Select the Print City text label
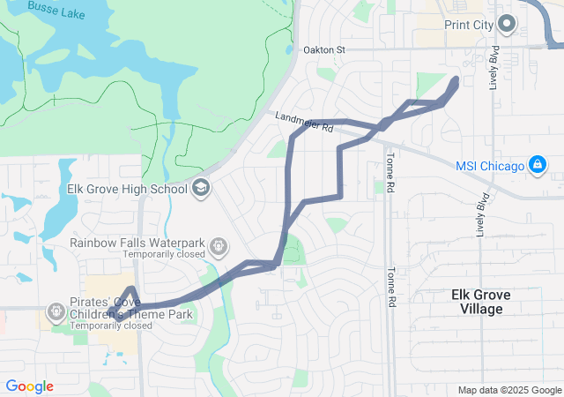[x=468, y=25]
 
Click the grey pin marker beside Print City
[x=506, y=24]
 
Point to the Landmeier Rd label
[x=304, y=122]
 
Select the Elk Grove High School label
[x=128, y=189]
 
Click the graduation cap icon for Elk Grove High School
[x=201, y=188]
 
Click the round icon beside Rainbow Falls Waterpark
[x=219, y=246]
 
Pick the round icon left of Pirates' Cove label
[x=55, y=311]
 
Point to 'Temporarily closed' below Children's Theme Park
[x=111, y=326]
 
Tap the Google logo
[x=29, y=386]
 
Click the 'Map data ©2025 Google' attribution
[x=508, y=390]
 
